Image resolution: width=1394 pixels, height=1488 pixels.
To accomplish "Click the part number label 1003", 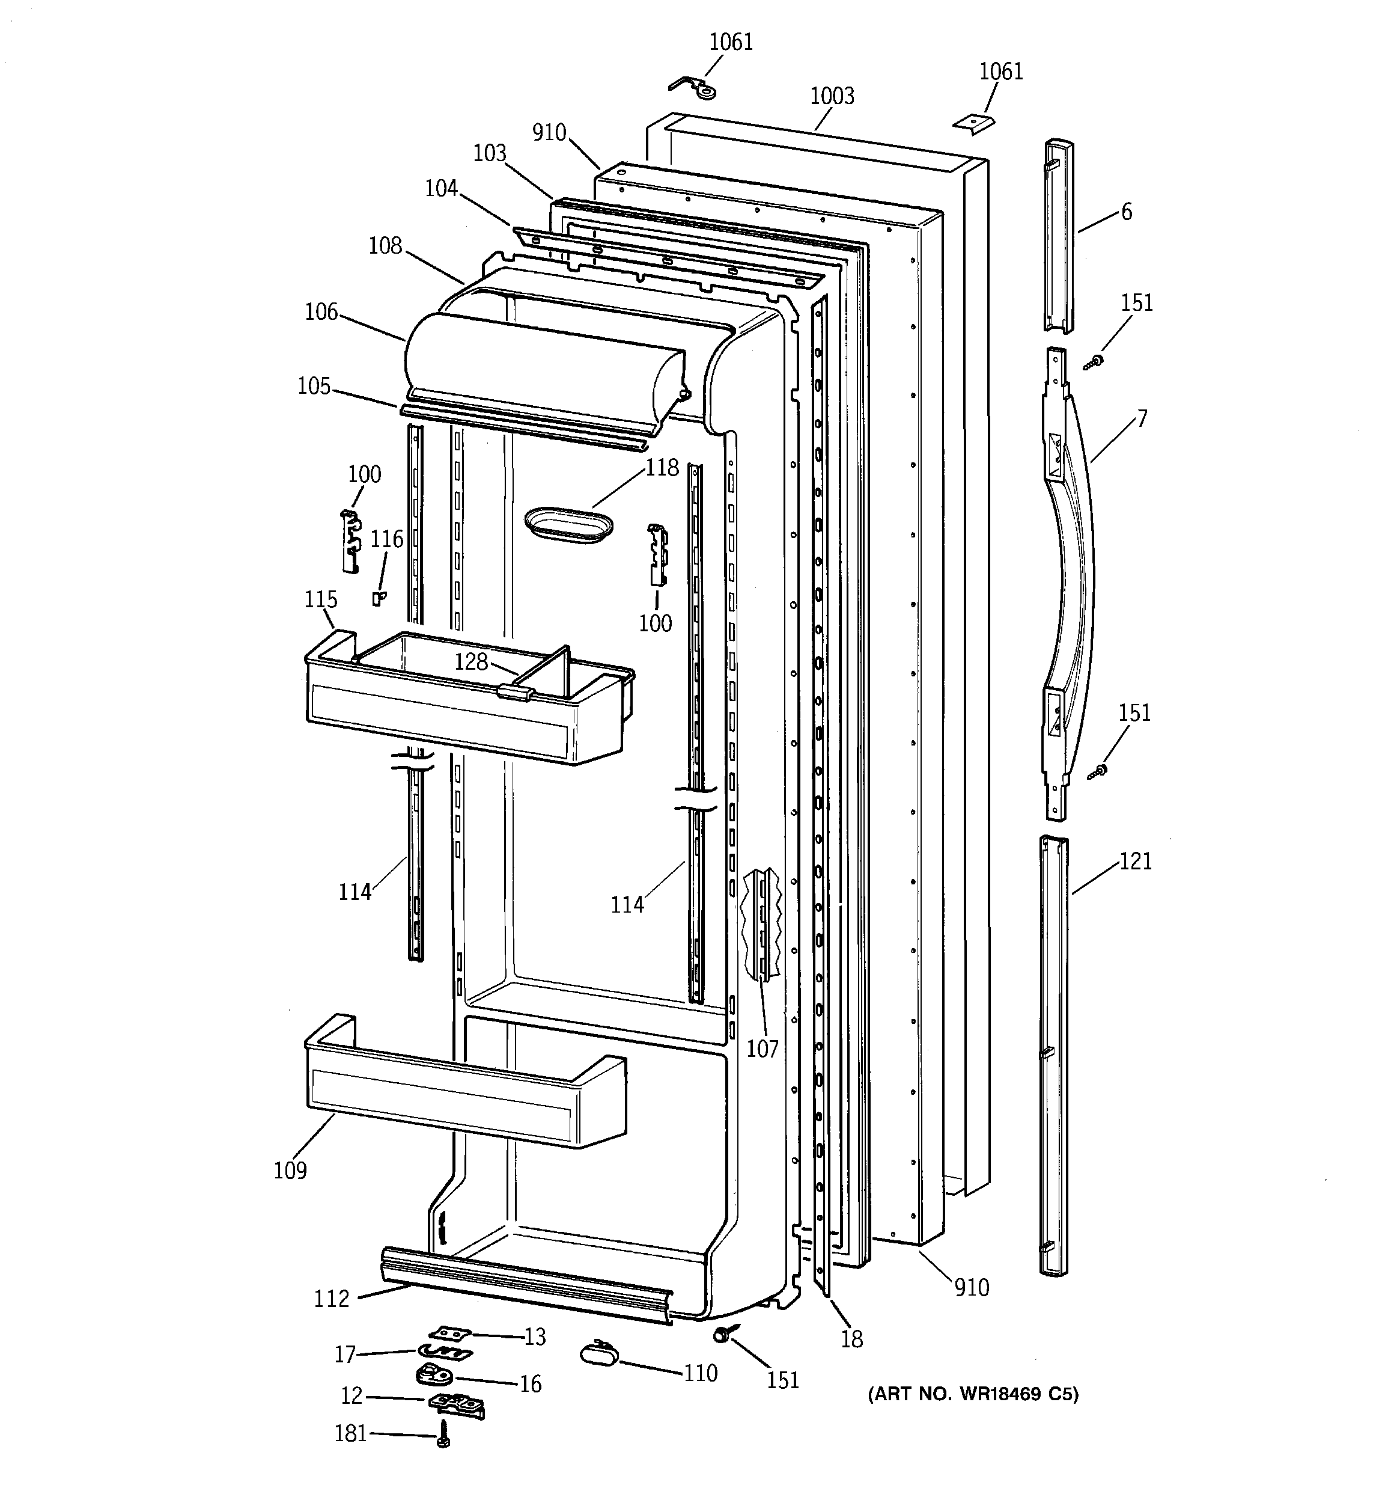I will click(832, 96).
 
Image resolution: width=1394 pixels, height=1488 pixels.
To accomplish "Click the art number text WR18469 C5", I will click(973, 1394).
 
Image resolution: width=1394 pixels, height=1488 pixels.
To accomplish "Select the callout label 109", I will click(290, 1169).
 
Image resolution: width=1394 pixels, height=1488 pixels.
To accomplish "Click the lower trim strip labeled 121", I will click(1053, 1055).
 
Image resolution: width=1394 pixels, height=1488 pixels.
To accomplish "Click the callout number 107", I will click(762, 1049).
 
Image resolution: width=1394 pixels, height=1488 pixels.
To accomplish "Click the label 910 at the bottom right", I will click(971, 1287).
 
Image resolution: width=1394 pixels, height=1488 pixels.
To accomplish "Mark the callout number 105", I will click(314, 386).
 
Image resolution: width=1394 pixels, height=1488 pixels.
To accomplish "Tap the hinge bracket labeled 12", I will click(457, 1403).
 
